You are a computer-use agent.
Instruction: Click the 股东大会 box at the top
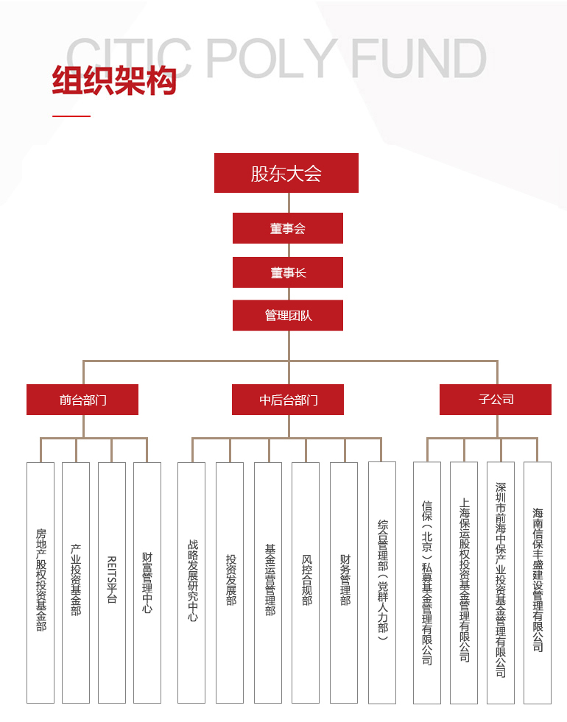coord(286,173)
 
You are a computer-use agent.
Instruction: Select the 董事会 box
coord(288,228)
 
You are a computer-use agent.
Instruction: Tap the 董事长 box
coord(288,272)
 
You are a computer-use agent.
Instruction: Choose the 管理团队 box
coord(288,316)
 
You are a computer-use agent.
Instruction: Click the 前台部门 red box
coord(82,399)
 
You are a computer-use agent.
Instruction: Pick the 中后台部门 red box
coord(288,399)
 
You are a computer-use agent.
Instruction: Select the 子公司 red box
coord(496,399)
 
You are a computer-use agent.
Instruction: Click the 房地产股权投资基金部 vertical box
coord(40,582)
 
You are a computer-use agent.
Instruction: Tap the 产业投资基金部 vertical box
coord(76,582)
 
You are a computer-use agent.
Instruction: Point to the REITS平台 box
coord(112,582)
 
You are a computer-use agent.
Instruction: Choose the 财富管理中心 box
coord(147,582)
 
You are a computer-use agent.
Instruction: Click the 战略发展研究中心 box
coord(191,582)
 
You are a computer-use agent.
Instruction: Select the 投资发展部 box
coord(230,582)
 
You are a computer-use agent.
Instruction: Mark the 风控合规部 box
coord(306,582)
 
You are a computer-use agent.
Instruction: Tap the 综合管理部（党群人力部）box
coord(382,582)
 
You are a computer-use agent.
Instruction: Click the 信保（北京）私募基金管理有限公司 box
coord(427,582)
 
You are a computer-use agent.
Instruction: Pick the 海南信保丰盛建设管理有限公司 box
coord(538,582)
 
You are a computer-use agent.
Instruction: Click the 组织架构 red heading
coord(114,80)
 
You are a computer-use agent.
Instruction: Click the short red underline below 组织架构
coord(71,116)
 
